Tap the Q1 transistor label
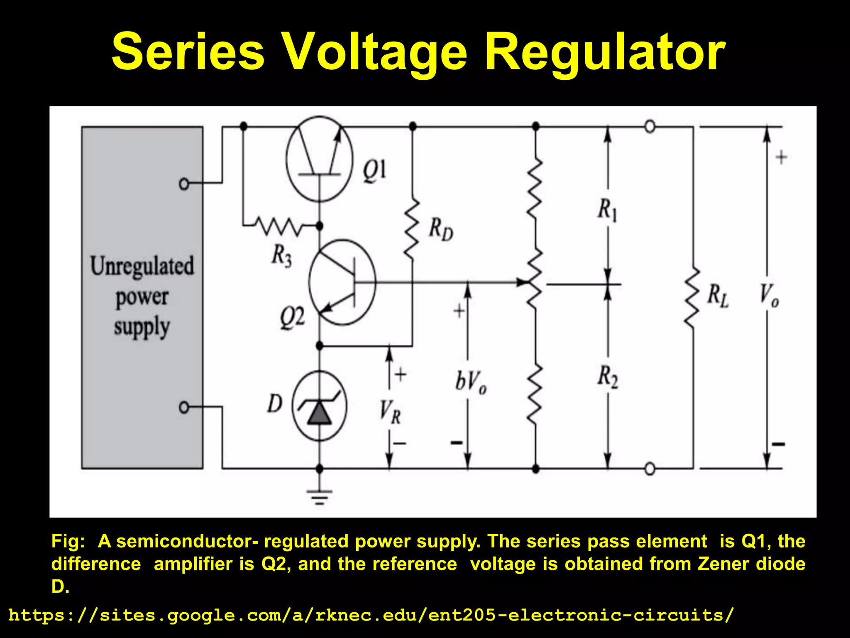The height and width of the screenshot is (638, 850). pyautogui.click(x=374, y=171)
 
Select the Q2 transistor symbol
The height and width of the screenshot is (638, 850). pyautogui.click(x=342, y=282)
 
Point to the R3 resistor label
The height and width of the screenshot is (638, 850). pyautogui.click(x=282, y=255)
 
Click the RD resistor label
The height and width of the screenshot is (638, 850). pyautogui.click(x=441, y=230)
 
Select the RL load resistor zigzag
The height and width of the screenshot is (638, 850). pyautogui.click(x=692, y=297)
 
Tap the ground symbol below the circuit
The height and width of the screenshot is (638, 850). pyautogui.click(x=319, y=496)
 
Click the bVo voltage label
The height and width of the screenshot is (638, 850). pyautogui.click(x=471, y=382)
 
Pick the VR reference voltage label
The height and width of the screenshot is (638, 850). pyautogui.click(x=390, y=412)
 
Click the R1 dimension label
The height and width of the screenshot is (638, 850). pyautogui.click(x=607, y=210)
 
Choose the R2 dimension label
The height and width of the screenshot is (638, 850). pyautogui.click(x=608, y=377)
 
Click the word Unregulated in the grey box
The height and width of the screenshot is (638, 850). pyautogui.click(x=142, y=266)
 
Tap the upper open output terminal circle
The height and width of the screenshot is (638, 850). pyautogui.click(x=650, y=126)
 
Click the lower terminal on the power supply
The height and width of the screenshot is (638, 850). pyautogui.click(x=184, y=407)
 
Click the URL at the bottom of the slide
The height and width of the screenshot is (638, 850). pyautogui.click(x=371, y=615)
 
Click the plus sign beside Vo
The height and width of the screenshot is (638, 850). pyautogui.click(x=781, y=157)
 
